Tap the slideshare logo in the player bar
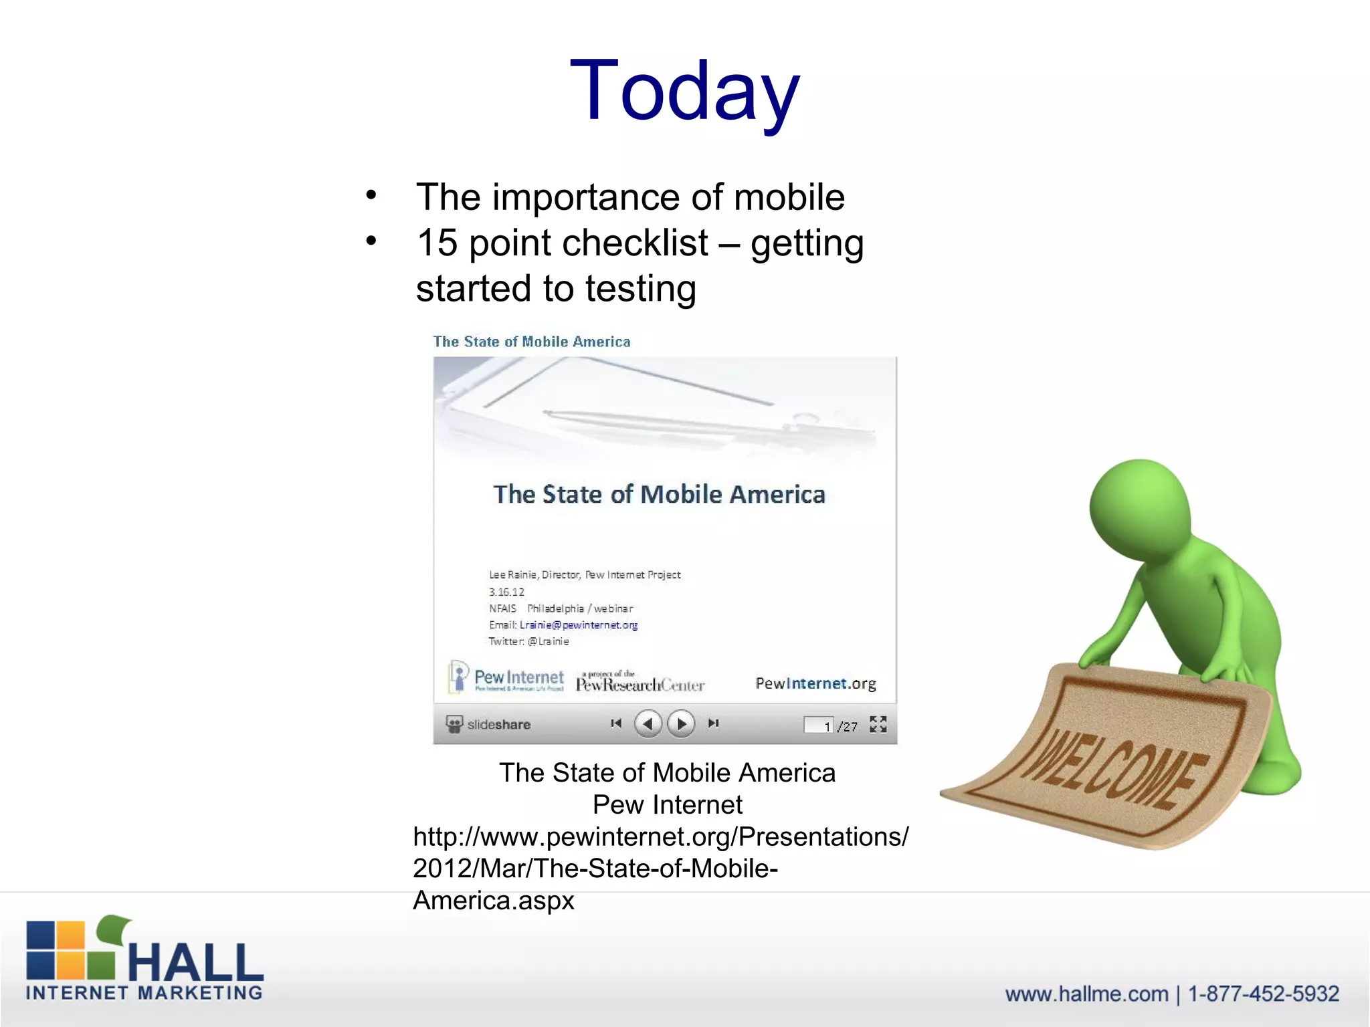pos(488,724)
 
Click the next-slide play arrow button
pos(681,723)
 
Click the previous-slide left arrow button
pos(648,723)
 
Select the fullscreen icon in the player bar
pos(878,724)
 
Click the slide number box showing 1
pos(819,725)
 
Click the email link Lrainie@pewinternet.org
pos(579,625)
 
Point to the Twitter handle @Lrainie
pos(548,642)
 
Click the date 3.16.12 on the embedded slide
pos(506,592)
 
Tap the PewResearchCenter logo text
pos(640,684)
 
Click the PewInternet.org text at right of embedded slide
pos(815,683)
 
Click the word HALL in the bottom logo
pos(195,963)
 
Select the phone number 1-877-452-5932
pos(1263,994)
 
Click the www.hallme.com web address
pos(1086,994)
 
